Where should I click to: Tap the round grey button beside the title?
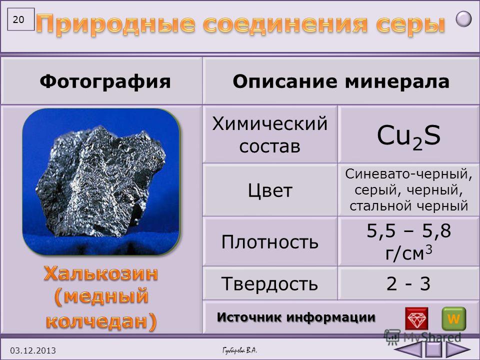(463, 18)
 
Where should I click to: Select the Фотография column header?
(105, 81)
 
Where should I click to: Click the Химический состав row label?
(269, 134)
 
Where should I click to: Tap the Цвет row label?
(270, 190)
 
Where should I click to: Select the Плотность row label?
(269, 242)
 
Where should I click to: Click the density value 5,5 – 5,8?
(408, 230)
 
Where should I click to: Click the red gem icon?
(416, 318)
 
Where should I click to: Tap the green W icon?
(453, 318)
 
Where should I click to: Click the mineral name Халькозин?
(100, 273)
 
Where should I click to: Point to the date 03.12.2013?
(33, 350)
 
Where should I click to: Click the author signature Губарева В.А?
(239, 350)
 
